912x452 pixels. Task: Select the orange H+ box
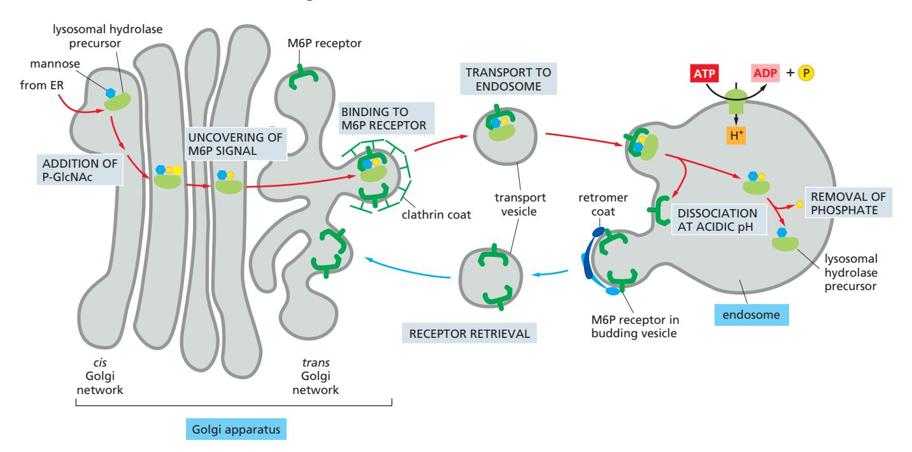point(735,135)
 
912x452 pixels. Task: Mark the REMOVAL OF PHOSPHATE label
point(848,202)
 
